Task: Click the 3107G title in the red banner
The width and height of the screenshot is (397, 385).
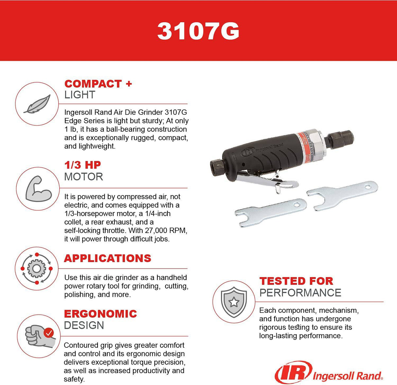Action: coord(198,31)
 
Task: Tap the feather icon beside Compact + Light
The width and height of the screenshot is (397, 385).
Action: coord(37,104)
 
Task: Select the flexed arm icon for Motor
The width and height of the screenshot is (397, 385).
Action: coord(38,189)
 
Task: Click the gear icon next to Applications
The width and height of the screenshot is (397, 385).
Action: coord(37,268)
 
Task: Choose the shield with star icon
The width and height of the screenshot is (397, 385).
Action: coord(233,301)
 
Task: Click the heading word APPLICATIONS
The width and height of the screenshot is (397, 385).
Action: coord(108,258)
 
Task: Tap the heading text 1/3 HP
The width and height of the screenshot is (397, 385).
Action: coord(82,165)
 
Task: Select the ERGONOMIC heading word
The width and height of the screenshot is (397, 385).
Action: coord(100,314)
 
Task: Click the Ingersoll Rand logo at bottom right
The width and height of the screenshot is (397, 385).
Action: coord(329,373)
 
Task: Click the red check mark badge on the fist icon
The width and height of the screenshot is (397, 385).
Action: coord(49,333)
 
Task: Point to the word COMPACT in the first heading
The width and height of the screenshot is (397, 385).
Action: coord(93,84)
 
